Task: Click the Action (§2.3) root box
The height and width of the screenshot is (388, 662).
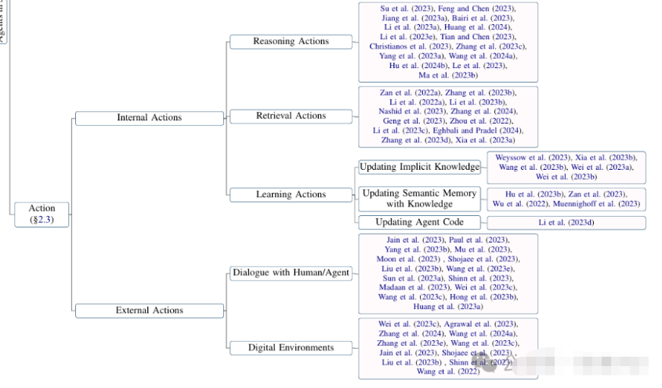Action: click(42, 214)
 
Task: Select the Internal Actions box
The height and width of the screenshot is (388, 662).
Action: click(149, 117)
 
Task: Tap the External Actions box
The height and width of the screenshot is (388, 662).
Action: click(149, 311)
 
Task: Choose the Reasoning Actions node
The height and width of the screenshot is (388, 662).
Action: click(291, 41)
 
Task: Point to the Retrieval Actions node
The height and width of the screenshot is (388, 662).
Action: click(291, 116)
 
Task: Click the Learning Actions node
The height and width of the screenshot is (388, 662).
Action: click(291, 195)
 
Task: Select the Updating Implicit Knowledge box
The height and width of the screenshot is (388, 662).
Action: click(419, 167)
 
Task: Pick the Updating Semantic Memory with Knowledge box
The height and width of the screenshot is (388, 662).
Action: click(419, 199)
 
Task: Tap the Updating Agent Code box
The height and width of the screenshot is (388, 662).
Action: click(419, 222)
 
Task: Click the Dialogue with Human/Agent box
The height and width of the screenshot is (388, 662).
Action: click(291, 273)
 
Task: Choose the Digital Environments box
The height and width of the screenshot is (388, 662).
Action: click(291, 347)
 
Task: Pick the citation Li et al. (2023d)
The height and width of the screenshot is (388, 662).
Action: click(566, 223)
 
